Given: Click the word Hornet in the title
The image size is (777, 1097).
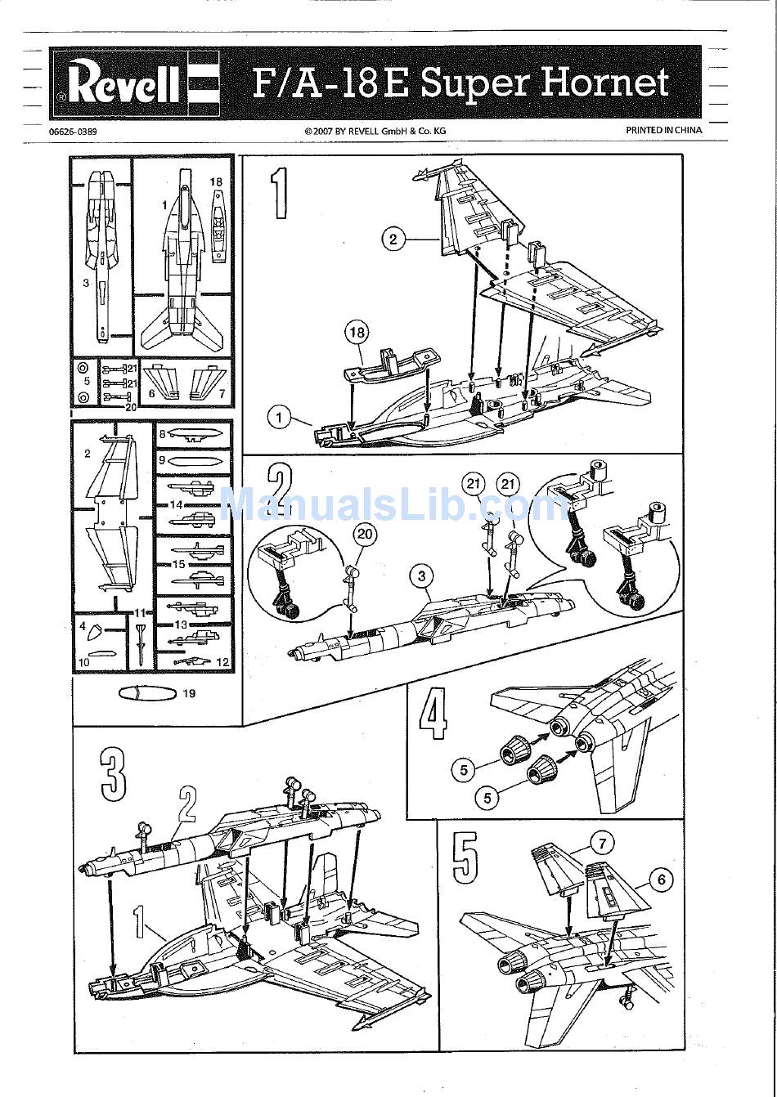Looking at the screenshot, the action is pos(604,83).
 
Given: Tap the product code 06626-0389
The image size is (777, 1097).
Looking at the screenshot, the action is pos(73,131).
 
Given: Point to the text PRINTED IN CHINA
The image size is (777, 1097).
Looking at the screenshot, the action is pos(663,130).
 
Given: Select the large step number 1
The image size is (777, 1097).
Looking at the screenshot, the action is pos(279,193).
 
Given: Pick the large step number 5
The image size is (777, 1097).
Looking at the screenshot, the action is pos(465,857).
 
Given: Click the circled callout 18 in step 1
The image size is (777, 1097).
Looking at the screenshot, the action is pos(357,333).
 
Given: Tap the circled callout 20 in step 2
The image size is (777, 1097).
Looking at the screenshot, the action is pos(365,535).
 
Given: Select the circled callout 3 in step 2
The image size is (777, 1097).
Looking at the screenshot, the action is pos(421,576).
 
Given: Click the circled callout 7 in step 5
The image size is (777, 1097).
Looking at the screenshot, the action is pos(601,843).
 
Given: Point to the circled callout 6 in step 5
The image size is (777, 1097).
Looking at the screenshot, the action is pos(660,880).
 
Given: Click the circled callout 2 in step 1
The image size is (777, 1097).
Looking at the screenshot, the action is pos(393,239).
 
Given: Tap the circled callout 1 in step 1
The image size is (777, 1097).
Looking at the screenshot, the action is pos(279,418).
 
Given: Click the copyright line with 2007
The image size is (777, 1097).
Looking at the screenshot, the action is pos(375,131).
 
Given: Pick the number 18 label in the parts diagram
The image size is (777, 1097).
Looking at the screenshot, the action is pos(216,181).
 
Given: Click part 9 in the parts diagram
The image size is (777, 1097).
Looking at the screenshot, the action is pos(194,461).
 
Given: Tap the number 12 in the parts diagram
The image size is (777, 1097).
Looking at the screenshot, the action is pos(222,662).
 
